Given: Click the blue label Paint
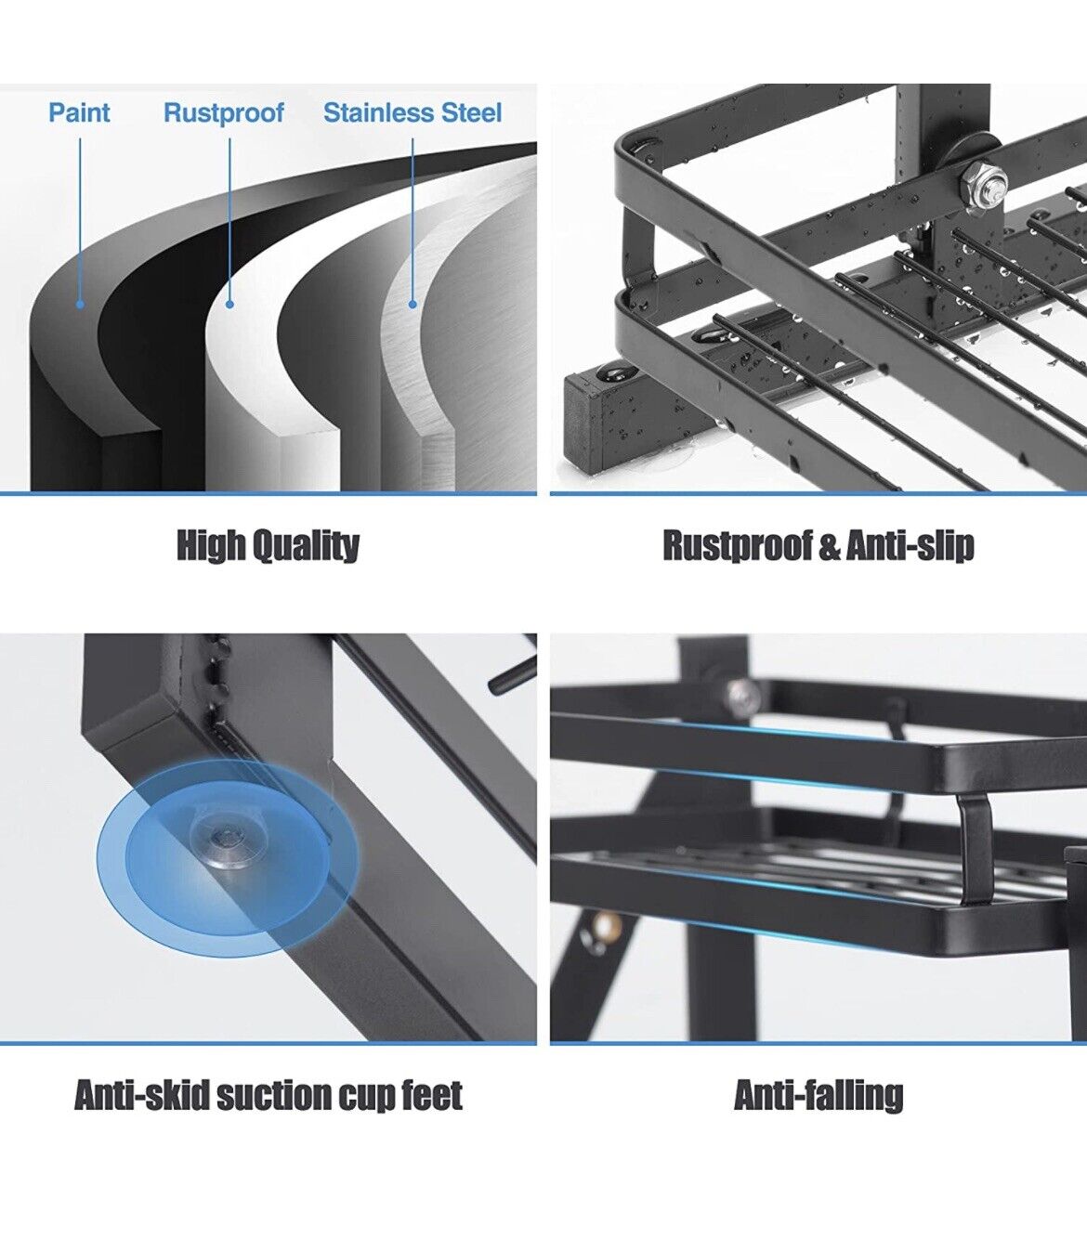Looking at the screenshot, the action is [79, 112].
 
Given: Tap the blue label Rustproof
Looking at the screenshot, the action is [223, 113].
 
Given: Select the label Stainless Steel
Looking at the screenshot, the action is [413, 112].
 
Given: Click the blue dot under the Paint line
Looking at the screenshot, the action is [80, 304].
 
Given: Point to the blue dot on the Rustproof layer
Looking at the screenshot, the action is [229, 304].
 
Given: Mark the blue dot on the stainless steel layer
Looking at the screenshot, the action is [413, 304].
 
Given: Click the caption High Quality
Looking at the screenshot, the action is [268, 545].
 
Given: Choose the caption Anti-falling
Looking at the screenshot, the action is [819, 1095].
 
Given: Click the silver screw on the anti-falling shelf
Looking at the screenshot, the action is [742, 693].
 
